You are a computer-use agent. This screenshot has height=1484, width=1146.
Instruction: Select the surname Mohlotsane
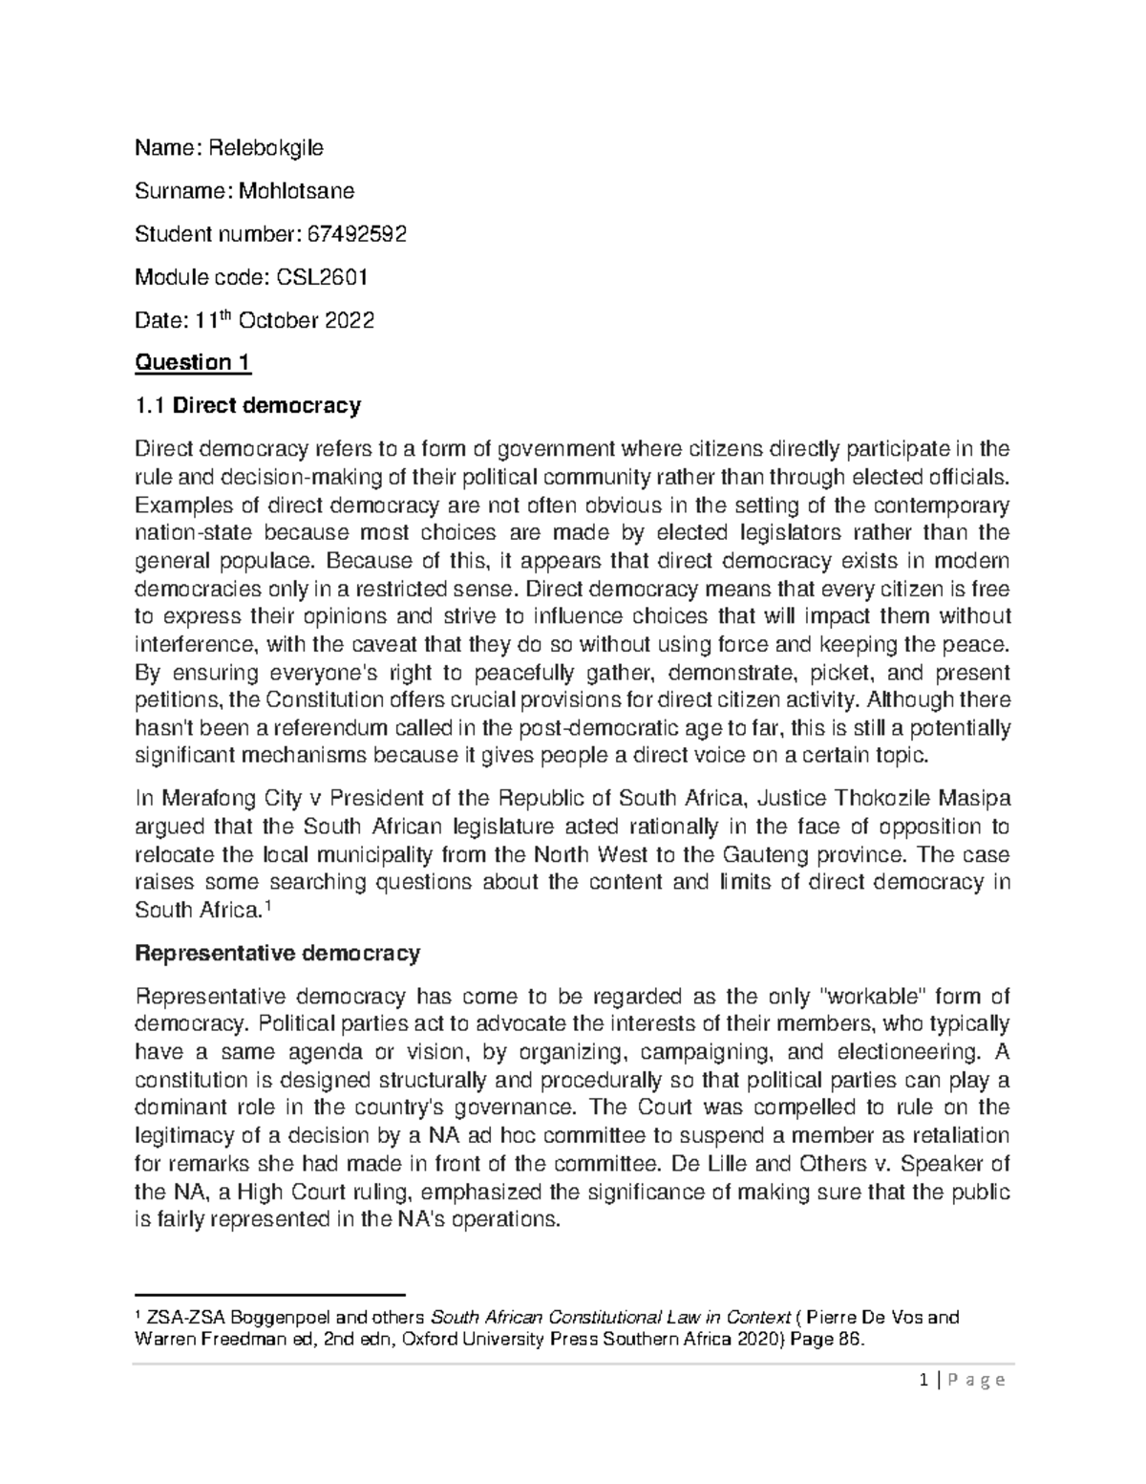296,190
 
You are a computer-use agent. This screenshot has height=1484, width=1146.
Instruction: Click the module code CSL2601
322,277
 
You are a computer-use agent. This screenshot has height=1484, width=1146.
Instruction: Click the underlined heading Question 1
192,363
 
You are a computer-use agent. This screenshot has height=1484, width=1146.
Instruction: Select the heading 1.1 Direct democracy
248,405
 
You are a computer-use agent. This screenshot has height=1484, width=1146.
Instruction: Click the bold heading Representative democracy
277,953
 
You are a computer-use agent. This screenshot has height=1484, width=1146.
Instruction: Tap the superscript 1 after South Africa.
267,906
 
